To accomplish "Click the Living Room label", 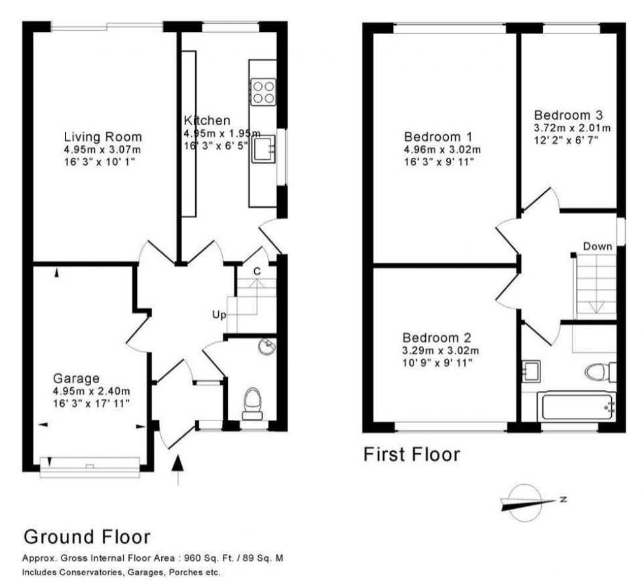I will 103,137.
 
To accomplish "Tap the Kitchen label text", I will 207,121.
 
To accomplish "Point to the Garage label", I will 77,378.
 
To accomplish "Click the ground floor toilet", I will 252,403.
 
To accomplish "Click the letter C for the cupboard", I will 257,271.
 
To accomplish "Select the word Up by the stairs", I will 218,315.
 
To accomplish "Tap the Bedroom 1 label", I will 438,137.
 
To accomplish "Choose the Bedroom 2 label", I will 437,338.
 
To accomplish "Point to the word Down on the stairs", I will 597,246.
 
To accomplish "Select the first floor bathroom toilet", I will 598,373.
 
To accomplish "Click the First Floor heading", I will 412,454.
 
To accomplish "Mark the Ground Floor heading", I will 87,537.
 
